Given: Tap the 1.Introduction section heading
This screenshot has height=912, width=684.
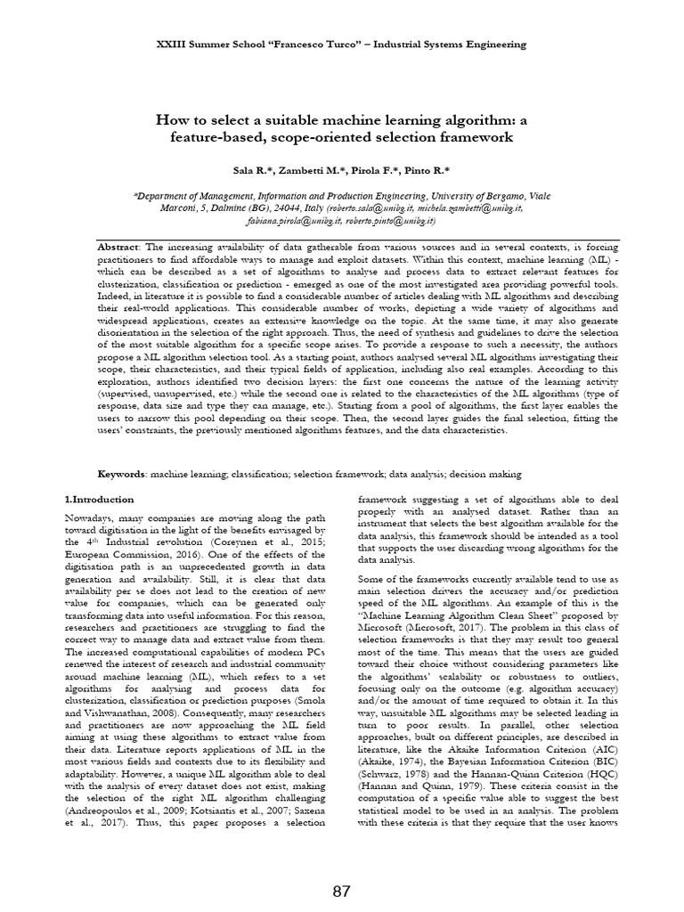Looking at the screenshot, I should pos(100,500).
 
